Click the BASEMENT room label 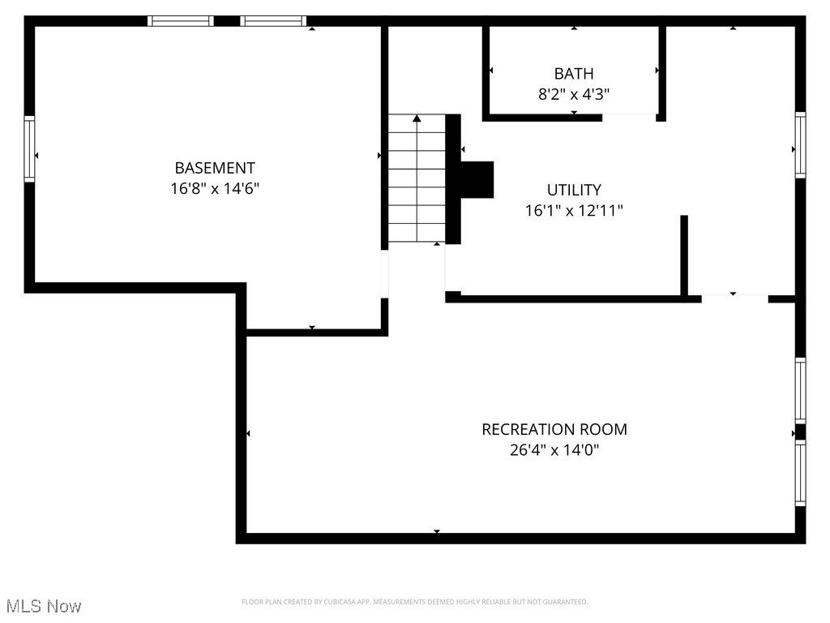coord(215,168)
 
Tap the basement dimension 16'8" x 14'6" coord(215,189)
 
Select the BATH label coord(574,74)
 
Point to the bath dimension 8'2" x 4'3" coord(574,94)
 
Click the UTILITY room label coord(574,190)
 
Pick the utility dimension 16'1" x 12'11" coord(574,211)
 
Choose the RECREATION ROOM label coord(554,429)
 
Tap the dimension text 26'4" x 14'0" coord(554,450)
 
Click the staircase coord(417,178)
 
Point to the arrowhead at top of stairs coord(417,119)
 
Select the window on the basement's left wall coord(30,148)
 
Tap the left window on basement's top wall coord(181,21)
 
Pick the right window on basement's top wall coord(274,21)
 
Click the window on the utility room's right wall coord(800,145)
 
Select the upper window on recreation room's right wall coord(800,390)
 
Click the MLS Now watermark coord(44,606)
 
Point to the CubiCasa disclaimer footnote coord(414,602)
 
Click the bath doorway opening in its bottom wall coord(628,118)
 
